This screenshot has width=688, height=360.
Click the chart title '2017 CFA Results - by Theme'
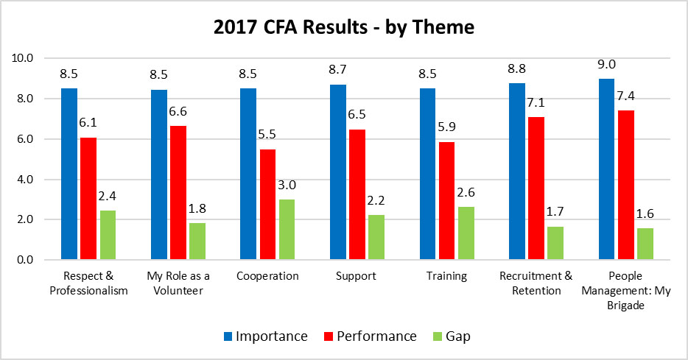[344, 28]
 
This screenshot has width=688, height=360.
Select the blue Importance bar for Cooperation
[248, 174]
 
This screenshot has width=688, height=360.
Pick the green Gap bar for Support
[376, 238]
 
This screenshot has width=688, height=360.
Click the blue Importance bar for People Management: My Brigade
[607, 169]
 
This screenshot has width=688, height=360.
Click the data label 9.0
[608, 64]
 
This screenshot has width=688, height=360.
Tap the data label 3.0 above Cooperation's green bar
[286, 185]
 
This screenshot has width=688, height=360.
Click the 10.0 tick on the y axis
[24, 58]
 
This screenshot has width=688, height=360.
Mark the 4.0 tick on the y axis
[26, 180]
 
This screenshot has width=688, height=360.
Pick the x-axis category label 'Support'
[357, 278]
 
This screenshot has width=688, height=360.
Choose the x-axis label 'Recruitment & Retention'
[536, 283]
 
